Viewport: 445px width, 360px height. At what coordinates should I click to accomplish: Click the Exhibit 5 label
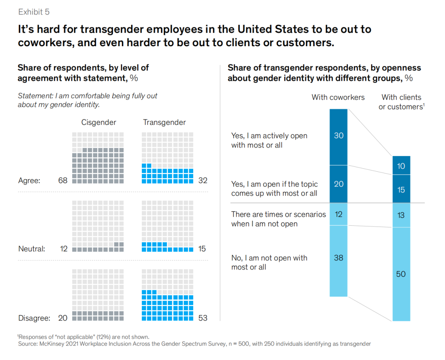(34, 12)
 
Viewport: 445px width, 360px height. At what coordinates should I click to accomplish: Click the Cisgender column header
(98, 122)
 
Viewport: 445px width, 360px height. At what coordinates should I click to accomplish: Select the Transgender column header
(164, 122)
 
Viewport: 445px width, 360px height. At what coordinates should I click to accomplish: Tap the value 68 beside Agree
(63, 180)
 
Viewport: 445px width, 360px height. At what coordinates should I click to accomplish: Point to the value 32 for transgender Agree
(203, 180)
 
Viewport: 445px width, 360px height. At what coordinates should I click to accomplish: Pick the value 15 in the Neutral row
(203, 249)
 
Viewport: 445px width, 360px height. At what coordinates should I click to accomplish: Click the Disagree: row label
(34, 318)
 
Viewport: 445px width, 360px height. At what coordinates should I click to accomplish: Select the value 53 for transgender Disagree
(203, 318)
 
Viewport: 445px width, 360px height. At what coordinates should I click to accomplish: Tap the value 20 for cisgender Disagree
(63, 318)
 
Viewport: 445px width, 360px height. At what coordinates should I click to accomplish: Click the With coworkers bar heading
(338, 98)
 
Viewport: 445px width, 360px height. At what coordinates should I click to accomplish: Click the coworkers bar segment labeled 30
(338, 136)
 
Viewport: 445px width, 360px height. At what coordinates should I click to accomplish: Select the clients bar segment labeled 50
(401, 274)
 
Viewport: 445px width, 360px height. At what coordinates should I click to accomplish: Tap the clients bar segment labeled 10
(401, 166)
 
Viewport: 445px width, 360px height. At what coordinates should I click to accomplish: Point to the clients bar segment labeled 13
(401, 215)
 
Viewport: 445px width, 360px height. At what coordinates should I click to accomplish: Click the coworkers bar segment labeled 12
(338, 214)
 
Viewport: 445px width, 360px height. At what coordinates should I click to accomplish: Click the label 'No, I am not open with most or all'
(269, 262)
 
